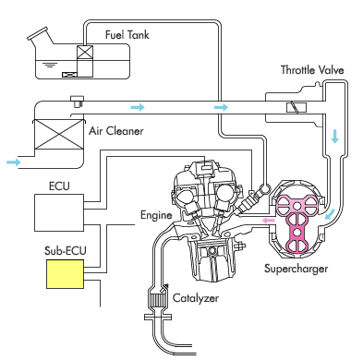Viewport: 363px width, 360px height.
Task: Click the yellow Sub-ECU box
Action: coord(65,274)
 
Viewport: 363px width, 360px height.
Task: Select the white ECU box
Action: coord(59,212)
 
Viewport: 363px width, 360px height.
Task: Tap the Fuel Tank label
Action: coord(127,34)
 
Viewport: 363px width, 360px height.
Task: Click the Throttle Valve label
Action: coord(312,70)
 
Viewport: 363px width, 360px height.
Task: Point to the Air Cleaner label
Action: coord(116,131)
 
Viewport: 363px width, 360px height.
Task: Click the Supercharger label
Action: coord(296,269)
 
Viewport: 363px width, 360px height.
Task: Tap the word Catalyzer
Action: coord(196,298)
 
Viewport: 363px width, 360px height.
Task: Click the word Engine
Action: coord(156,215)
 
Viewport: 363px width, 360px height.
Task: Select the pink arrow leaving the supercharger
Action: coord(268,221)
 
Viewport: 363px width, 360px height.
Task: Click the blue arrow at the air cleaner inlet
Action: coord(14,162)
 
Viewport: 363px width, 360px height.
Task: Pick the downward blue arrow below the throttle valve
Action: coord(334,136)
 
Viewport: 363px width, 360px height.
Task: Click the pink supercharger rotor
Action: coord(296,222)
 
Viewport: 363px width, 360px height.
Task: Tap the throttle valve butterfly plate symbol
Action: coord(296,108)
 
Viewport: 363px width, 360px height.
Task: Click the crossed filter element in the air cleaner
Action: coord(58,134)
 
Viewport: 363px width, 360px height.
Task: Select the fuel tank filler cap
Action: coord(38,33)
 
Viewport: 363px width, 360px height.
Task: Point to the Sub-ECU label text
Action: coord(65,250)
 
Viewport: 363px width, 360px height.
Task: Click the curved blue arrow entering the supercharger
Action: coord(331,214)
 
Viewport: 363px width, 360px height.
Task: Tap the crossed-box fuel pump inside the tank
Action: coord(85,53)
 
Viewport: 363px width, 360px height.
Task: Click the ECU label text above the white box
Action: coord(59,186)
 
